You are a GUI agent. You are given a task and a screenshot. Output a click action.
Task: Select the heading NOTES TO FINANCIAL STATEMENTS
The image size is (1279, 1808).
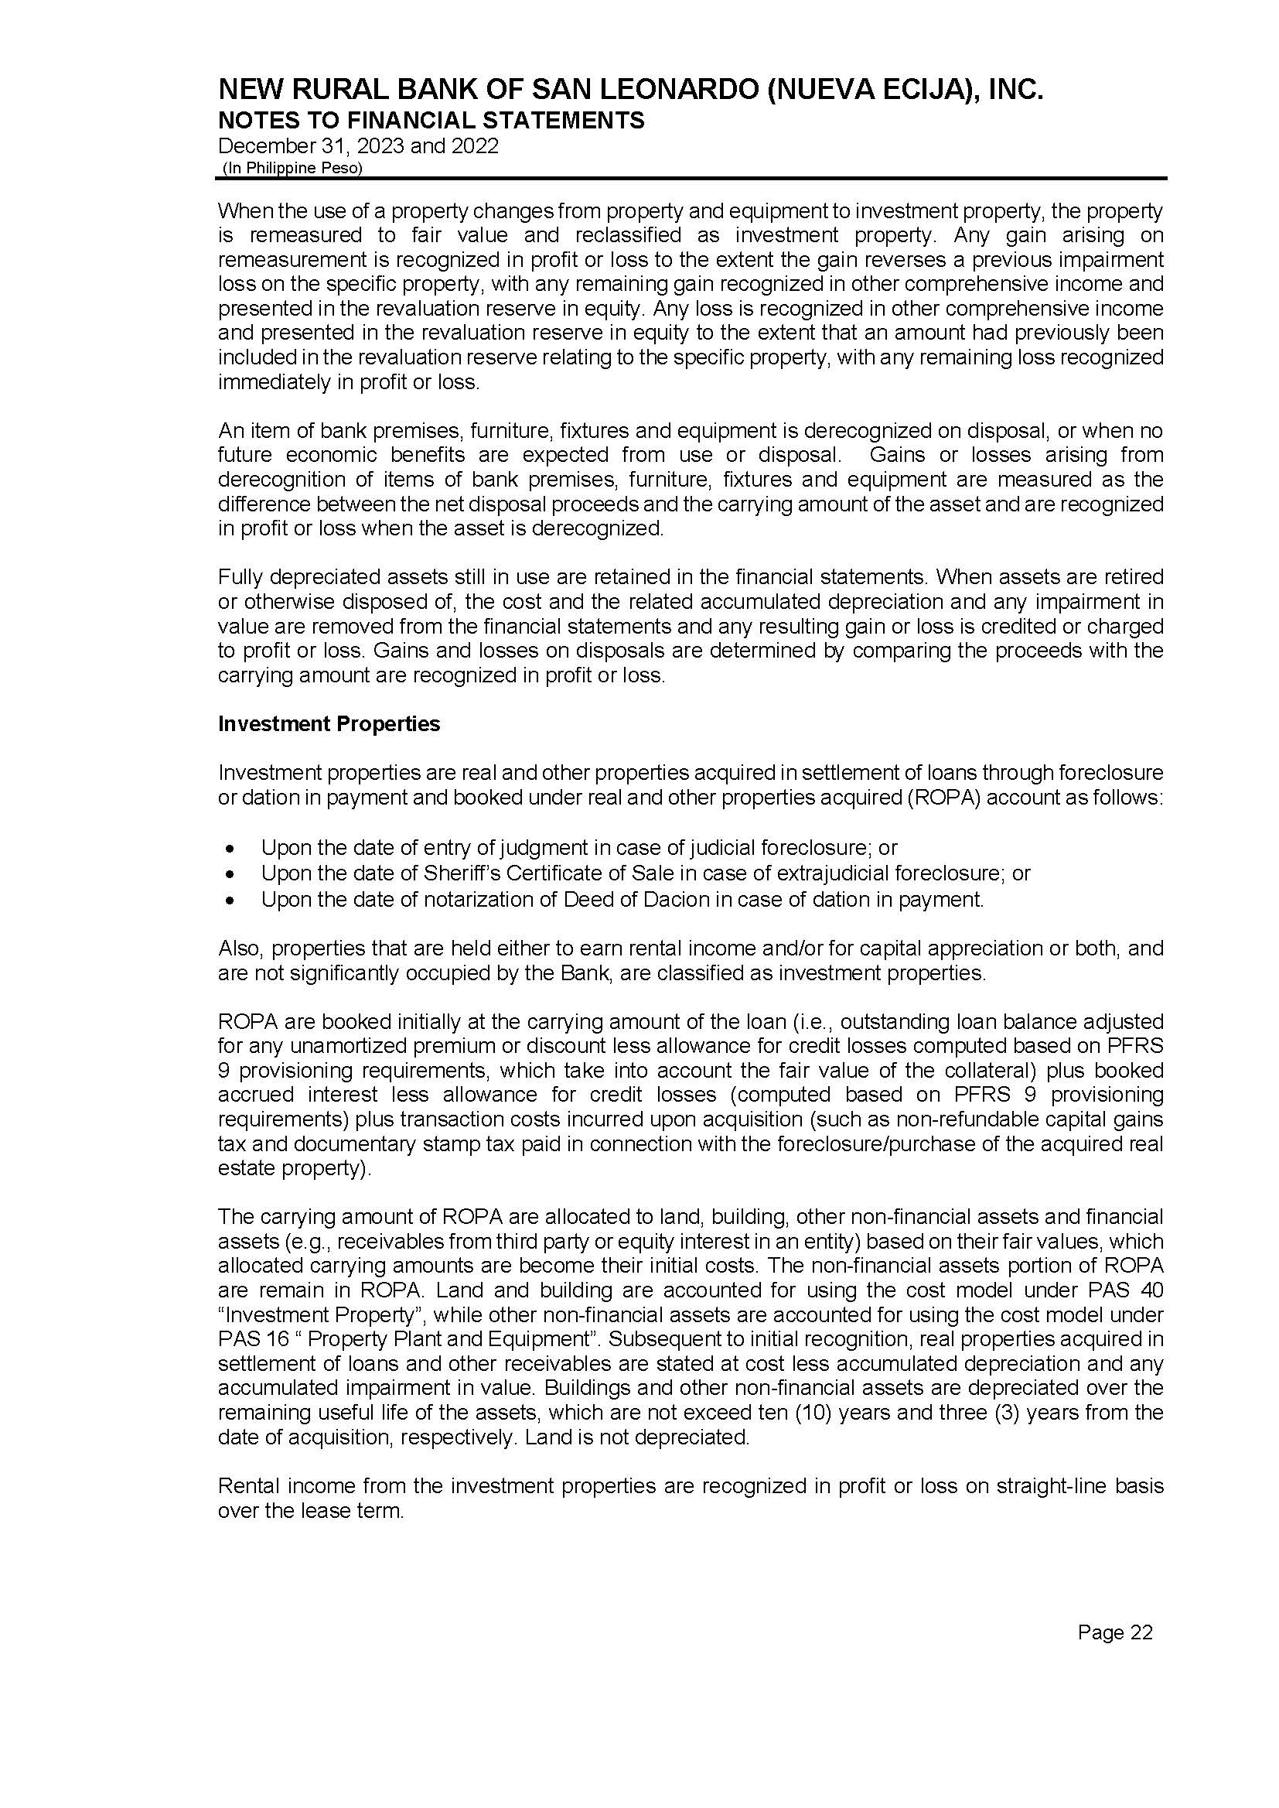(431, 121)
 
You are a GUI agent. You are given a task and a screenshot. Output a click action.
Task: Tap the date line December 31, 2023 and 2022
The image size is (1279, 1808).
(357, 146)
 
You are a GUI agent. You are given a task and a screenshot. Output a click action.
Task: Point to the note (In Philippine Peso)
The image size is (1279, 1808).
(292, 168)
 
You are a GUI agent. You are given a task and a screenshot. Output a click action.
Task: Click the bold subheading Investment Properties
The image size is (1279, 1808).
(329, 724)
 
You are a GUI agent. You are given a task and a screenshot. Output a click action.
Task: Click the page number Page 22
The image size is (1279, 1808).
(1114, 1632)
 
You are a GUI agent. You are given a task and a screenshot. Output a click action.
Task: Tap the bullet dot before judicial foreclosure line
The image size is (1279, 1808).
(229, 850)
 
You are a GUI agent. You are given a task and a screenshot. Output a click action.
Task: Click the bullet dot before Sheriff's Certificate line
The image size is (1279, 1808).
(229, 874)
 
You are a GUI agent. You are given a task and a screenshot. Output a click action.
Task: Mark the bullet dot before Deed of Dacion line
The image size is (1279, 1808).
(229, 900)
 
